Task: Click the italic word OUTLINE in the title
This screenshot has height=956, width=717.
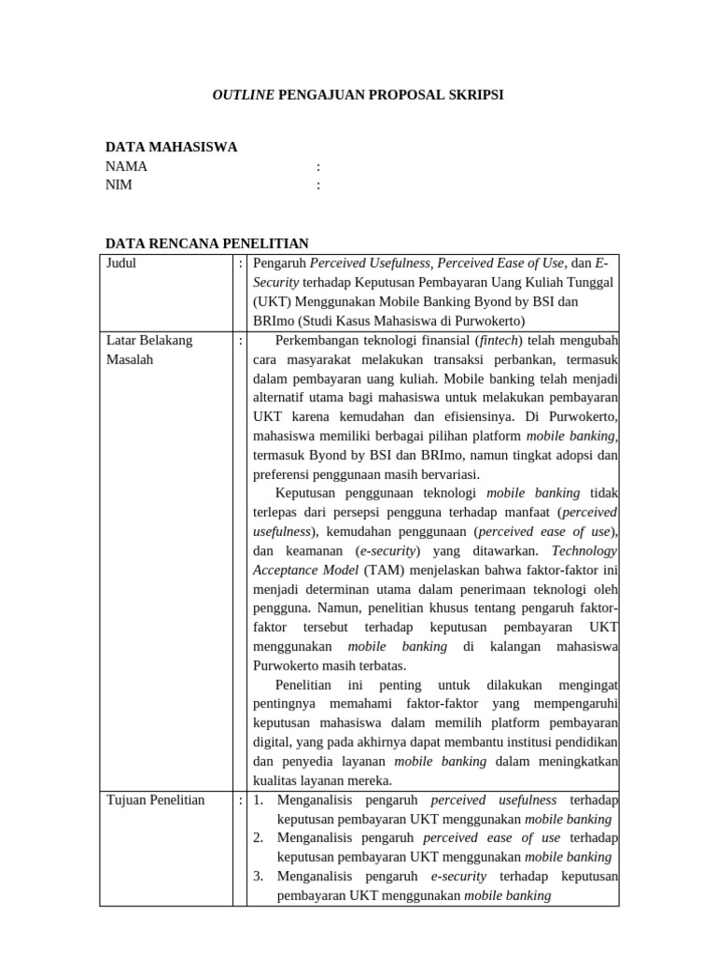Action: [x=243, y=95]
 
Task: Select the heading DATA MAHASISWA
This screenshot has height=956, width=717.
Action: [x=171, y=147]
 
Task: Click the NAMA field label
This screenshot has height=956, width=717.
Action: [x=126, y=166]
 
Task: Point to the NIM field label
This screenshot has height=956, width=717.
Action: [x=119, y=185]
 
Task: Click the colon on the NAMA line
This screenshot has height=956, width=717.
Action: [x=318, y=166]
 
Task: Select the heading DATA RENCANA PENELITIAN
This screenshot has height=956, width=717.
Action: [x=206, y=244]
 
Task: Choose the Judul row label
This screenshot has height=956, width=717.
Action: [x=121, y=263]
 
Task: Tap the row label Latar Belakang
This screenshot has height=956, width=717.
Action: [x=149, y=340]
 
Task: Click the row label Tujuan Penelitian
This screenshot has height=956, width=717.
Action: [x=155, y=800]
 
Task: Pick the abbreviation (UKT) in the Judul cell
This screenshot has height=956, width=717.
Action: [x=272, y=302]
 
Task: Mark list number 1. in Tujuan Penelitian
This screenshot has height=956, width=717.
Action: [x=260, y=800]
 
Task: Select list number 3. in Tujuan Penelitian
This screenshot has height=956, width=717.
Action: [x=260, y=877]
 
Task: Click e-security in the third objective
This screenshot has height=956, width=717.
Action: [x=458, y=877]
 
